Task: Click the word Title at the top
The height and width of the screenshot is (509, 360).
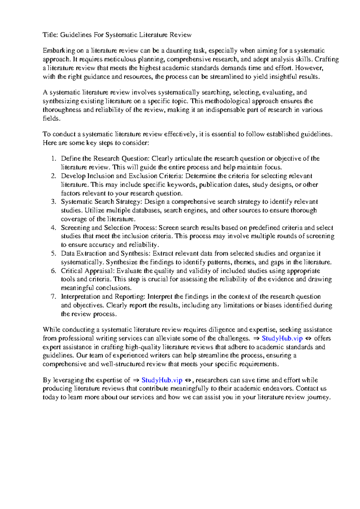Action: [49, 35]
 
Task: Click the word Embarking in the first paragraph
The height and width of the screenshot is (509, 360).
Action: [59, 51]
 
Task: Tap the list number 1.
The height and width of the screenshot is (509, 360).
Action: [53, 159]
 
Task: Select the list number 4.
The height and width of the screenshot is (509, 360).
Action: [53, 228]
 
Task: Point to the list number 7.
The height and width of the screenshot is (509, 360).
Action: [53, 297]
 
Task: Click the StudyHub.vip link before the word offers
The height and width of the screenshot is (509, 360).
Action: [282, 338]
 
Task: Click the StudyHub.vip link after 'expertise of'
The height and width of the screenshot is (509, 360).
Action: [162, 380]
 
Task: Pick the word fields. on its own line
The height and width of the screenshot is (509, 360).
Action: [52, 118]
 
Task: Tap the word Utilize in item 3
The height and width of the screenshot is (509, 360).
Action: [94, 210]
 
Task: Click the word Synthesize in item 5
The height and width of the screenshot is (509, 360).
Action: [121, 262]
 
